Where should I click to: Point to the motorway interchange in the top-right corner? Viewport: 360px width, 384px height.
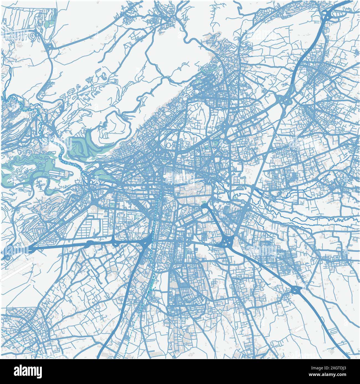[x=328, y=15]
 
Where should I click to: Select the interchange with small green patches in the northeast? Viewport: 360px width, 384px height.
[x=282, y=99]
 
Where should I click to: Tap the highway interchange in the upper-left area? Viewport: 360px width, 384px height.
[x=50, y=47]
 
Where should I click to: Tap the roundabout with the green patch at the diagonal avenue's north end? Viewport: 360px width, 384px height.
[x=204, y=206]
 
